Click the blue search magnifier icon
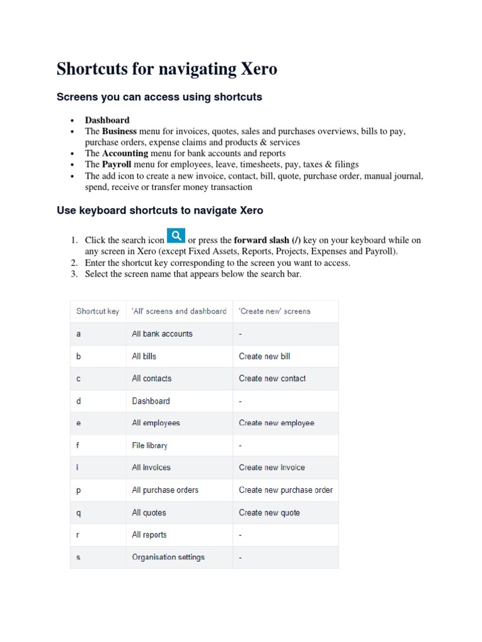click(x=176, y=236)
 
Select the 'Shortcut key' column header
click(x=97, y=311)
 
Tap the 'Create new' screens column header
click(x=274, y=311)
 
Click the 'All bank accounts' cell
click(x=162, y=334)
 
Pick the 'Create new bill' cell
click(x=264, y=356)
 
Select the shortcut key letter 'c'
click(x=78, y=379)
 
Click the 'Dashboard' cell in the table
click(x=151, y=401)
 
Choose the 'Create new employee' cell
click(x=276, y=423)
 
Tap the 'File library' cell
click(x=149, y=445)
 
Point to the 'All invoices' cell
click(x=151, y=468)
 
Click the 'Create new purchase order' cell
click(x=286, y=490)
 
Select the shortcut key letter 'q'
click(x=78, y=513)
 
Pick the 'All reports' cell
click(x=149, y=535)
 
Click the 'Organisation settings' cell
click(x=168, y=557)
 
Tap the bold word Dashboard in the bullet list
click(x=107, y=120)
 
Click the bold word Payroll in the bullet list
click(x=117, y=164)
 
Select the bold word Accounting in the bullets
click(x=125, y=153)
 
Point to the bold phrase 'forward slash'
click(x=262, y=240)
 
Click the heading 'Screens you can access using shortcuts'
click(x=159, y=97)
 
